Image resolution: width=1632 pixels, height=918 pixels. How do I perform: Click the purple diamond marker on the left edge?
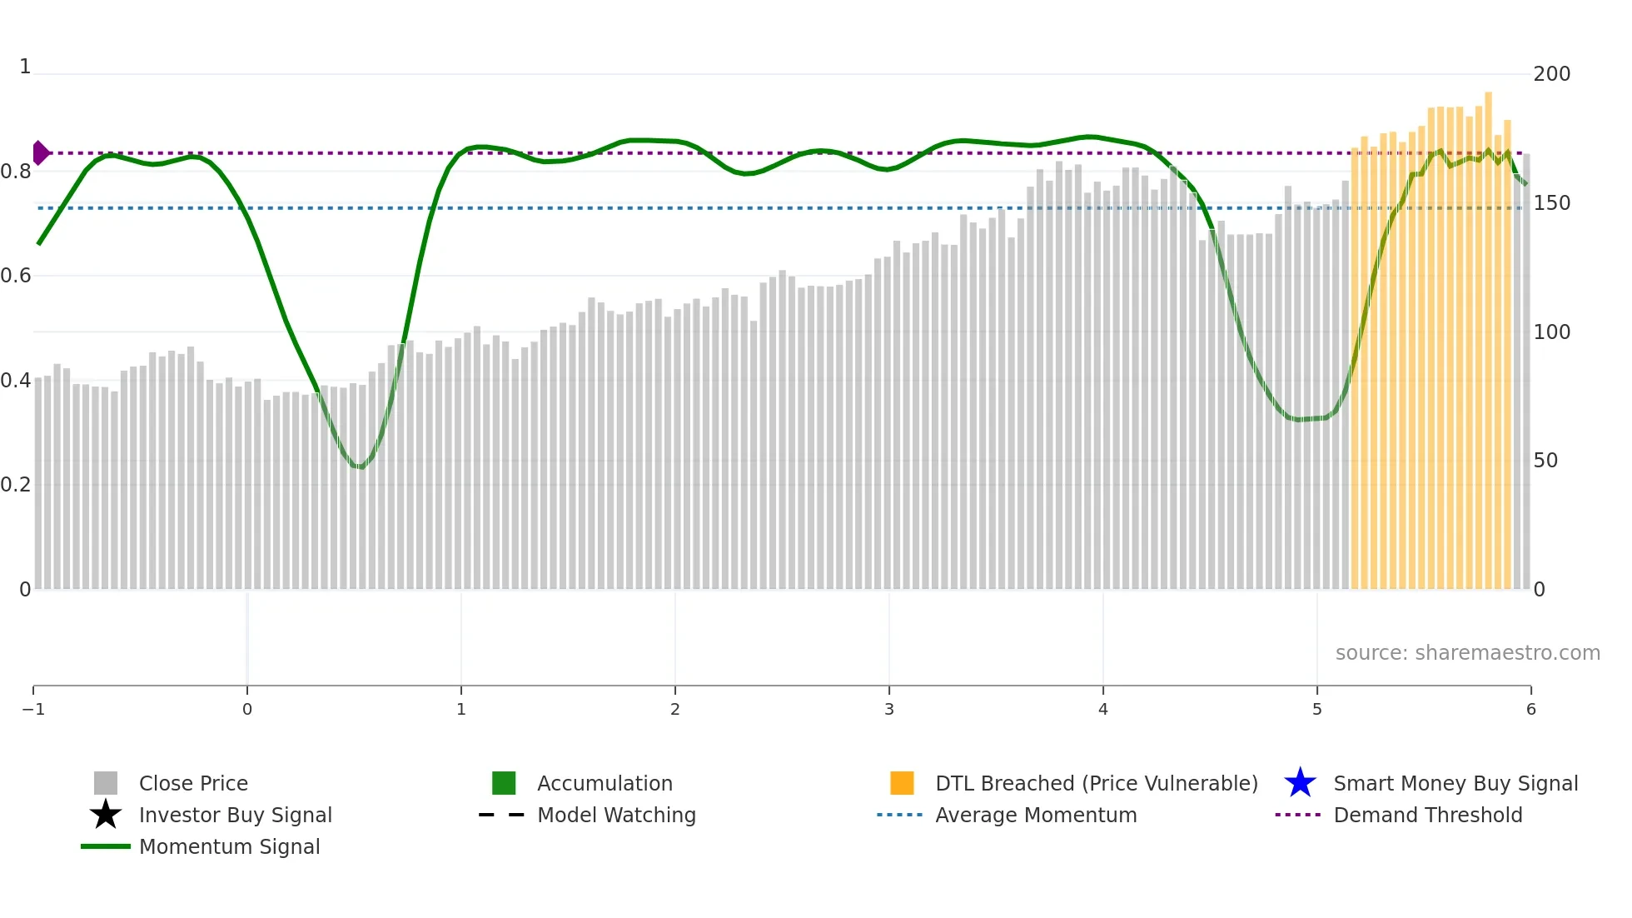pos(40,153)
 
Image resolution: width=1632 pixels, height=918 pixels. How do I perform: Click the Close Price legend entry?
pos(192,783)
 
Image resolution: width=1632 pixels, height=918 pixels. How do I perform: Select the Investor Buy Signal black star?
pos(106,815)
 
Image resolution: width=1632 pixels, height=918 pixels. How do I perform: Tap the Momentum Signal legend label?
pos(229,846)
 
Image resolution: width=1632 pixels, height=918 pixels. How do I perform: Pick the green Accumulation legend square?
pos(504,783)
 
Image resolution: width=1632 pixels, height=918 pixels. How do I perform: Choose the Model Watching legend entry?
pos(615,815)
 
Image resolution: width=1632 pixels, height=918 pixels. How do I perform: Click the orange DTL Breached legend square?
pos(902,783)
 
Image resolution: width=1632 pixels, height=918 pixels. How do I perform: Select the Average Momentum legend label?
pos(1035,815)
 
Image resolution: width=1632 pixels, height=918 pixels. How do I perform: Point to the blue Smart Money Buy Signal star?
pos(1300,783)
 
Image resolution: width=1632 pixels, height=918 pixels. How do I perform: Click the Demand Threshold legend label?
pos(1427,815)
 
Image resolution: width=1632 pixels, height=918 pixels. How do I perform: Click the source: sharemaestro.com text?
pos(1467,653)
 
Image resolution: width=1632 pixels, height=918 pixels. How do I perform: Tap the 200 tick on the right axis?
pos(1551,74)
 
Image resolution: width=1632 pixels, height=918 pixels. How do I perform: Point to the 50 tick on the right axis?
pos(1545,461)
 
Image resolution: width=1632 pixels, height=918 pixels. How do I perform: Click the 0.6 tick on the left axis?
pos(16,276)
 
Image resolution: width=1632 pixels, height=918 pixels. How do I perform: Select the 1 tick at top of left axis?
pos(25,67)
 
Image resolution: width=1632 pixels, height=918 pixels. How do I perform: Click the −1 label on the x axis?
pos(33,709)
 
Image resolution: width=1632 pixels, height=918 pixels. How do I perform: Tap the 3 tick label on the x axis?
pos(889,709)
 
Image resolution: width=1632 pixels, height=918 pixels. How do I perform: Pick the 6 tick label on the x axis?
pos(1530,709)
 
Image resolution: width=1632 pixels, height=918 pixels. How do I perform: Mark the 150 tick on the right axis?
pos(1551,203)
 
